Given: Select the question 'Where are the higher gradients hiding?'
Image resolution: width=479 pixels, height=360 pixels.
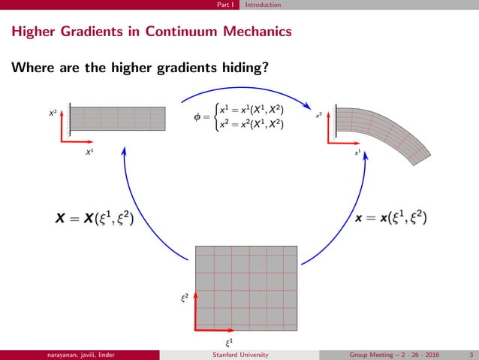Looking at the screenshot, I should pyautogui.click(x=140, y=68).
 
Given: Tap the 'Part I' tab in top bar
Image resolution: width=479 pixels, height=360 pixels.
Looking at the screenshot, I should pyautogui.click(x=223, y=5).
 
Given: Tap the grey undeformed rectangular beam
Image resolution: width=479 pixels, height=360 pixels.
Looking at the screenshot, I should pyautogui.click(x=118, y=119).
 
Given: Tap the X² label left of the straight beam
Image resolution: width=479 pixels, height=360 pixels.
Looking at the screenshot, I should pyautogui.click(x=52, y=112).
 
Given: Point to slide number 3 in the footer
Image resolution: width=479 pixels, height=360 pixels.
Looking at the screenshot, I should pyautogui.click(x=470, y=355).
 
